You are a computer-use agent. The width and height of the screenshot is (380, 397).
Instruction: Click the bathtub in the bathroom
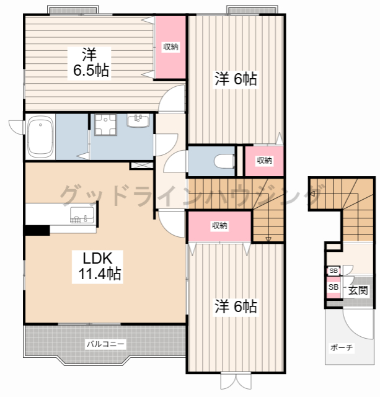pyautogui.click(x=40, y=136)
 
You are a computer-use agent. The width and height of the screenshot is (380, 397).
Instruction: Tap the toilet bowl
pyautogui.click(x=224, y=161)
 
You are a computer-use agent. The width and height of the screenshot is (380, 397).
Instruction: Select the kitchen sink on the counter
pyautogui.click(x=82, y=215)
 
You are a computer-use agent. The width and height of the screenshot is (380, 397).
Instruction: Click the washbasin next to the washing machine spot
pyautogui.click(x=138, y=120)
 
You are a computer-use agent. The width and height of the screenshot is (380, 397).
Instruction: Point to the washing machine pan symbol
pyautogui.click(x=105, y=125)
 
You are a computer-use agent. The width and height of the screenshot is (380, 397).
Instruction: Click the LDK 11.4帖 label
pyautogui.click(x=98, y=266)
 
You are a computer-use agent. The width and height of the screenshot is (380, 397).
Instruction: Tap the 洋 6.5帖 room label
pyautogui.click(x=89, y=63)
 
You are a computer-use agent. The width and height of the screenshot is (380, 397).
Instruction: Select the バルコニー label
pyautogui.click(x=105, y=344)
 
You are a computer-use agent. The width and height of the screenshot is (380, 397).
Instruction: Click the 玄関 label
pyautogui.click(x=358, y=290)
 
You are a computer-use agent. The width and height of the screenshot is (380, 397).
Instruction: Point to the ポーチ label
pyautogui.click(x=342, y=347)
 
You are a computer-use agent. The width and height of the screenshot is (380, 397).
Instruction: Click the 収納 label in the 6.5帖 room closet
pyautogui.click(x=170, y=47)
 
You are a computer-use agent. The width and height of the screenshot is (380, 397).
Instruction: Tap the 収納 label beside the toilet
pyautogui.click(x=264, y=160)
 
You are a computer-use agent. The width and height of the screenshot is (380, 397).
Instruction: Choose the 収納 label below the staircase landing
pyautogui.click(x=219, y=226)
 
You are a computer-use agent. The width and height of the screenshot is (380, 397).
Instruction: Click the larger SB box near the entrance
pyautogui.click(x=334, y=287)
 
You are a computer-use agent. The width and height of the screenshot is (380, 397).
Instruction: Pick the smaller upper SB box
pyautogui.click(x=334, y=270)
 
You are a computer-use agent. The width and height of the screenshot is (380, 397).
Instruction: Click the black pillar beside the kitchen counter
pyautogui.click(x=37, y=230)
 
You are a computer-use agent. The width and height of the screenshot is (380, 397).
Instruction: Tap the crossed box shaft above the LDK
pyautogui.click(x=142, y=166)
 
